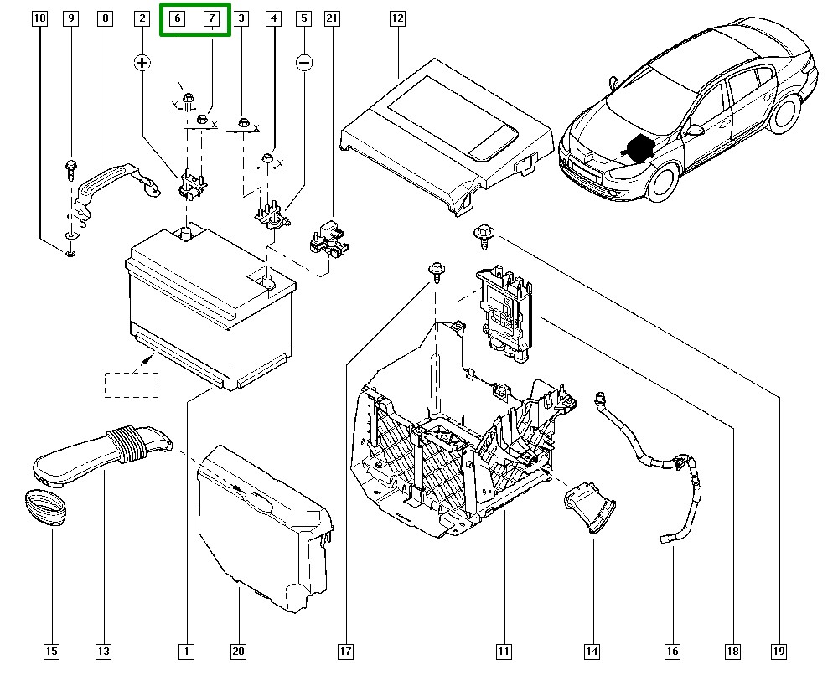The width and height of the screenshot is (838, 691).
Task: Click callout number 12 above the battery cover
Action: coord(397,18)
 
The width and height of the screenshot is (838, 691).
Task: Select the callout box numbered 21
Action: coord(333,18)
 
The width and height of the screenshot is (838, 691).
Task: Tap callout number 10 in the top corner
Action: coord(39,18)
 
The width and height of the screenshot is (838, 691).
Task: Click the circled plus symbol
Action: coord(143,62)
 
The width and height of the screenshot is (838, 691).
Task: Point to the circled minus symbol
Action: coord(304,62)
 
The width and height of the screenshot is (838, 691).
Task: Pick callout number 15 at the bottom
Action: coord(51,651)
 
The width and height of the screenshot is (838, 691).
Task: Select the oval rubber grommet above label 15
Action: coord(44,508)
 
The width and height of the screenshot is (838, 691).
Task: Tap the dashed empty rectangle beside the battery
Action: coord(131,384)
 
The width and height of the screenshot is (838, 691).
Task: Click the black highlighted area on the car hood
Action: coord(643,147)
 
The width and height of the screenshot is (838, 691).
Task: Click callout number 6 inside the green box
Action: coord(178,18)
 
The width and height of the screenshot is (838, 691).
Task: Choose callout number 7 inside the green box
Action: coord(212,18)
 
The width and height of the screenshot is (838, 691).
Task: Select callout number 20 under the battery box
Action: coord(238,651)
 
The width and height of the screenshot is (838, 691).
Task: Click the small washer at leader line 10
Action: coord(70,252)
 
